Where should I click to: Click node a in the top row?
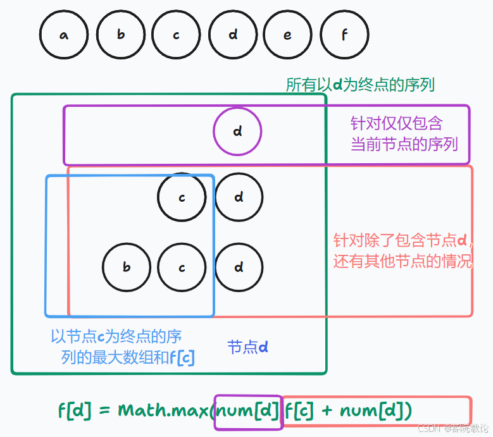(63, 35)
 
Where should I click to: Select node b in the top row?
(120, 35)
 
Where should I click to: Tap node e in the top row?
(287, 35)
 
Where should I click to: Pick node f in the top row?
(345, 35)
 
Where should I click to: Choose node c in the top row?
(176, 35)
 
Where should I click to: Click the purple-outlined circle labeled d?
(237, 132)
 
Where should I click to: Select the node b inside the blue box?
(127, 267)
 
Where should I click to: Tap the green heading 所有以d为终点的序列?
(360, 85)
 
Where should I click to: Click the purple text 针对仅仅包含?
(397, 123)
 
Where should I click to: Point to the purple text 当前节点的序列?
(404, 144)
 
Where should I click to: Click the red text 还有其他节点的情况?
(403, 261)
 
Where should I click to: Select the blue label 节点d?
(248, 347)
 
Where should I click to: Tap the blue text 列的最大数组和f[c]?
(128, 358)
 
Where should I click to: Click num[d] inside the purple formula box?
(248, 411)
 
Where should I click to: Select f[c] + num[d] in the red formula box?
(348, 411)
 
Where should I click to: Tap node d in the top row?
(233, 35)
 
